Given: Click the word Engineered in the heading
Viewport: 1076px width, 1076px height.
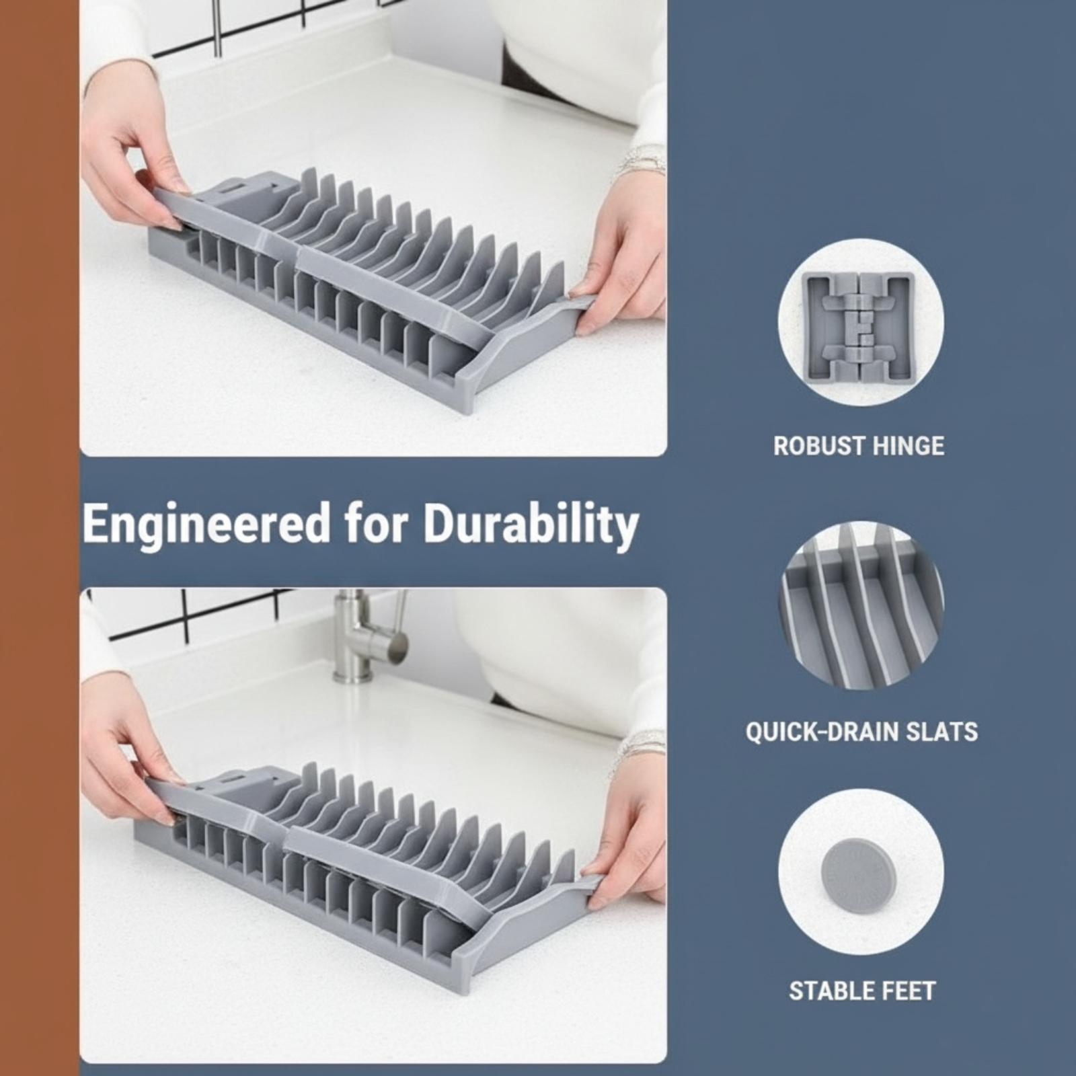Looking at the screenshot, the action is [206, 525].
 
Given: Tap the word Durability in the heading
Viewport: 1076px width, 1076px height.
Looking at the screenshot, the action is [531, 525].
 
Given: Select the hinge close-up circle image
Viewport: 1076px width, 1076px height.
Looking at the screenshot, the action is [861, 321].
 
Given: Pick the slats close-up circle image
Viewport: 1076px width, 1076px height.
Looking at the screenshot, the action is [861, 607].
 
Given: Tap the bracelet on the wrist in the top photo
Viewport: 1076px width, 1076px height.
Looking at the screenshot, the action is [642, 161].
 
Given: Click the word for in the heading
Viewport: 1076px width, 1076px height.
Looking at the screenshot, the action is [377, 525].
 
